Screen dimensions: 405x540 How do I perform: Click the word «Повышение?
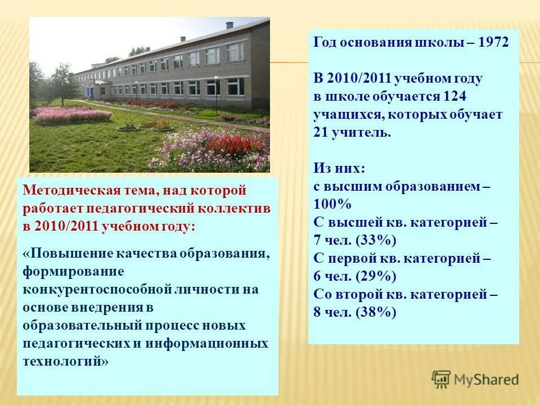click(58, 253)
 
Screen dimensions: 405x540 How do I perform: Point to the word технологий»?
click(65, 361)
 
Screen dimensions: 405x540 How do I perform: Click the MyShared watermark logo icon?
click(442, 379)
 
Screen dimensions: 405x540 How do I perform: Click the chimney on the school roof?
click(229, 25)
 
